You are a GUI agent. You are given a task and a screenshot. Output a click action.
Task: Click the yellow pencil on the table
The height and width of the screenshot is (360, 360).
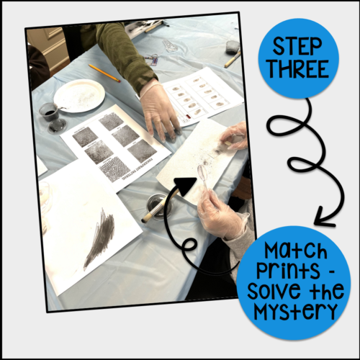click(x=104, y=72)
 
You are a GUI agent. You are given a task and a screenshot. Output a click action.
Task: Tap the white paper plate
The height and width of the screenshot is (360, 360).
click(x=78, y=95)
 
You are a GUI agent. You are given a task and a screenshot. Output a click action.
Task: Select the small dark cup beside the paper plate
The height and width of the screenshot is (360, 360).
click(x=48, y=115)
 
